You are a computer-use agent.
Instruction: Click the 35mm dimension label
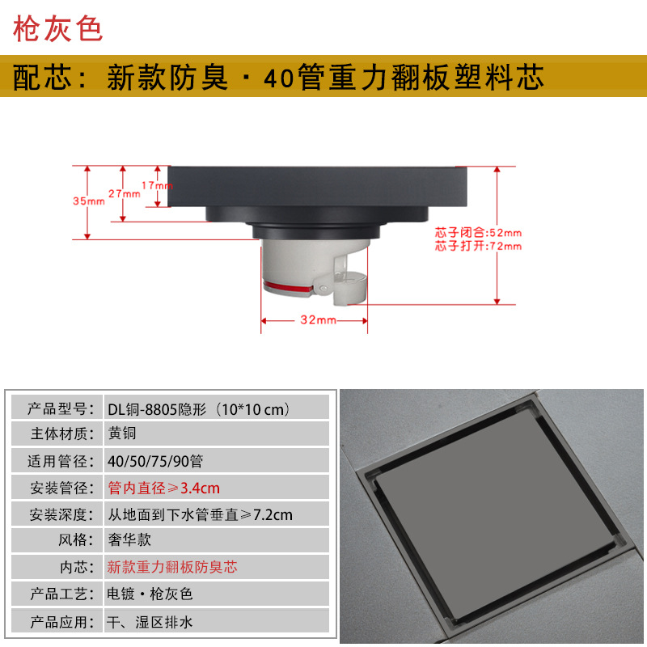tap(88, 201)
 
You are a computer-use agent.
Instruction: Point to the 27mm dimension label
tap(123, 194)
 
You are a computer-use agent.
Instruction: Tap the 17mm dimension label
tap(157, 185)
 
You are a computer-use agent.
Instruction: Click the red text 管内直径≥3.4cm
tap(163, 488)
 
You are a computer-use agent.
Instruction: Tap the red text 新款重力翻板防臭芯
tap(172, 567)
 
